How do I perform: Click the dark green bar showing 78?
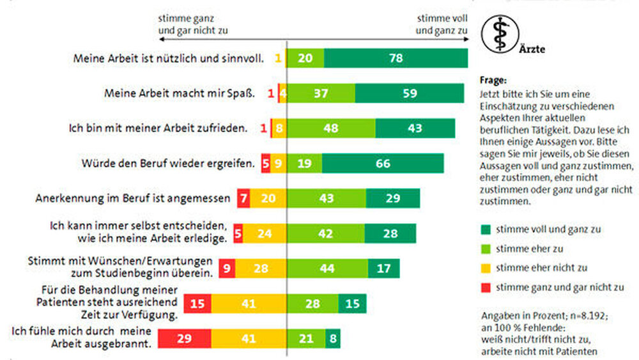click(x=396, y=58)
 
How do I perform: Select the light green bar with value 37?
click(x=321, y=93)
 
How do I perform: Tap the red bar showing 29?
click(x=185, y=338)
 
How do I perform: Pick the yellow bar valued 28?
click(x=260, y=269)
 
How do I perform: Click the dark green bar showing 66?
click(x=383, y=163)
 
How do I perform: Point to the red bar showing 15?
click(x=197, y=304)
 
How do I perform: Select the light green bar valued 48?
click(x=331, y=128)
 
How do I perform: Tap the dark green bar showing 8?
click(x=333, y=338)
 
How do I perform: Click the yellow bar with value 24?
click(x=265, y=234)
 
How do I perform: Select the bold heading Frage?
click(x=491, y=81)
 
